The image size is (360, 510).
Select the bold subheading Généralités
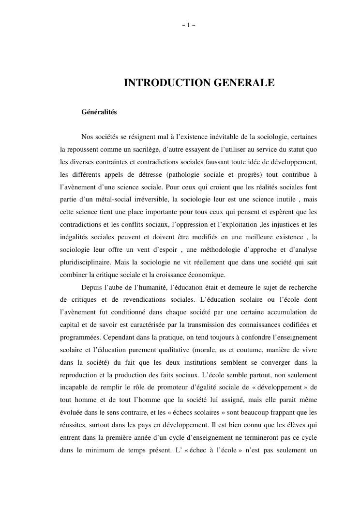[x=99, y=112]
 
